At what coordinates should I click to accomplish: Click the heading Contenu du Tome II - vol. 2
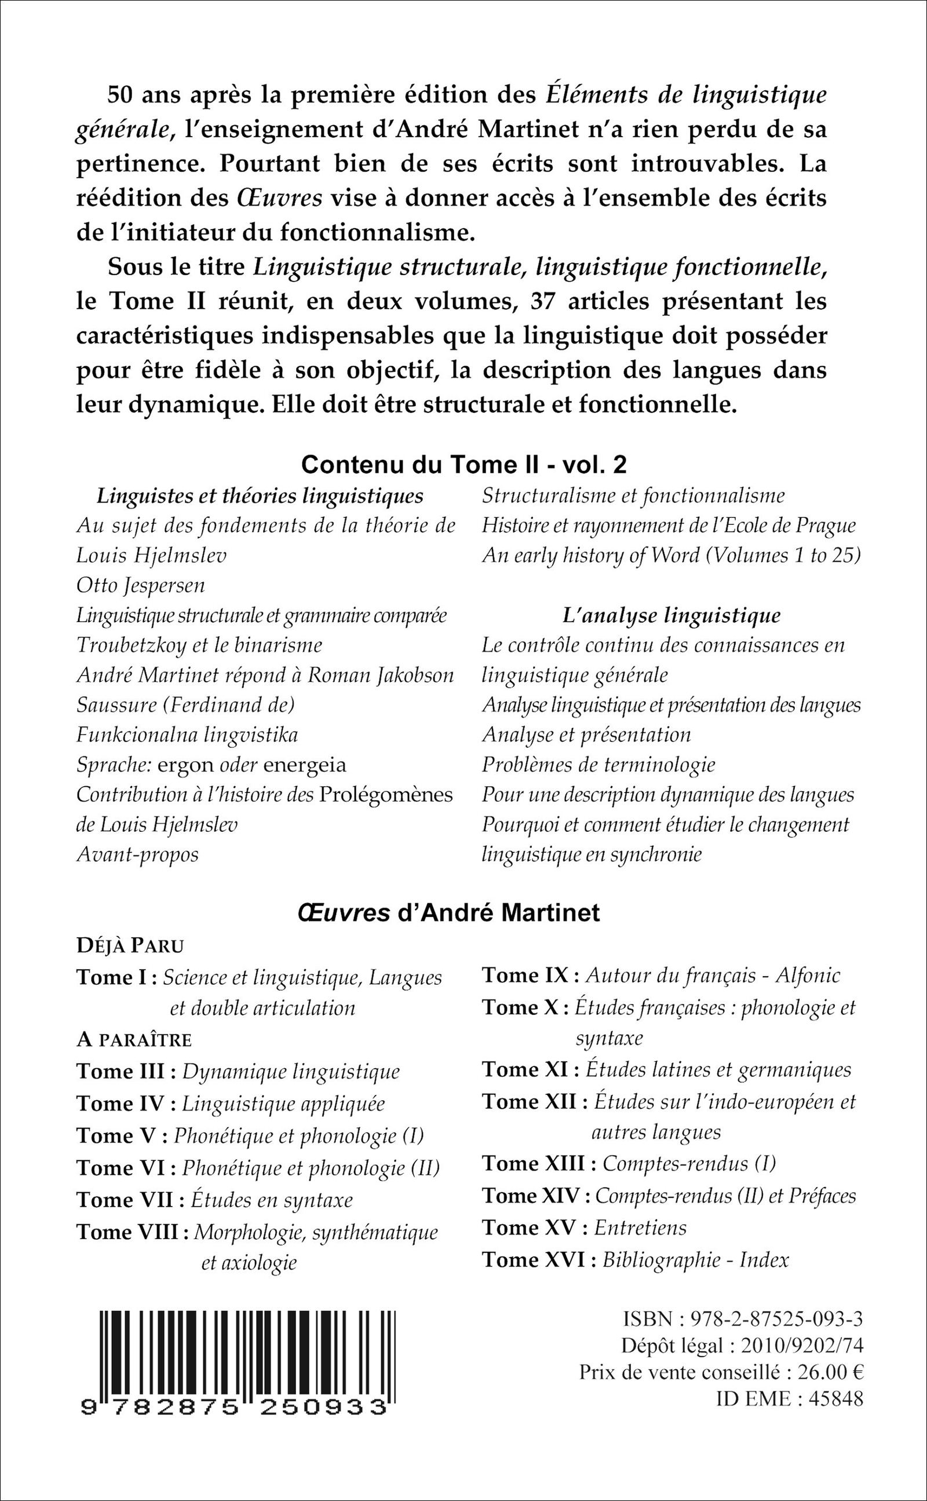pos(463,465)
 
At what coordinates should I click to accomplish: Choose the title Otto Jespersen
pos(140,585)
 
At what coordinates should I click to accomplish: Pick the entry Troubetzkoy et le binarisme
pos(199,645)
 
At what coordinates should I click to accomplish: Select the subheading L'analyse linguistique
pos(671,615)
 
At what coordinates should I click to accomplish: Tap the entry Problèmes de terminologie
pos(598,764)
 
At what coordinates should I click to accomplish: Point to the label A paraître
pos(134,1039)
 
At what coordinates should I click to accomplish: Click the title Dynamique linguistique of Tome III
pos(291,1071)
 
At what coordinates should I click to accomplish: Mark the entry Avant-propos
pos(137,854)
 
